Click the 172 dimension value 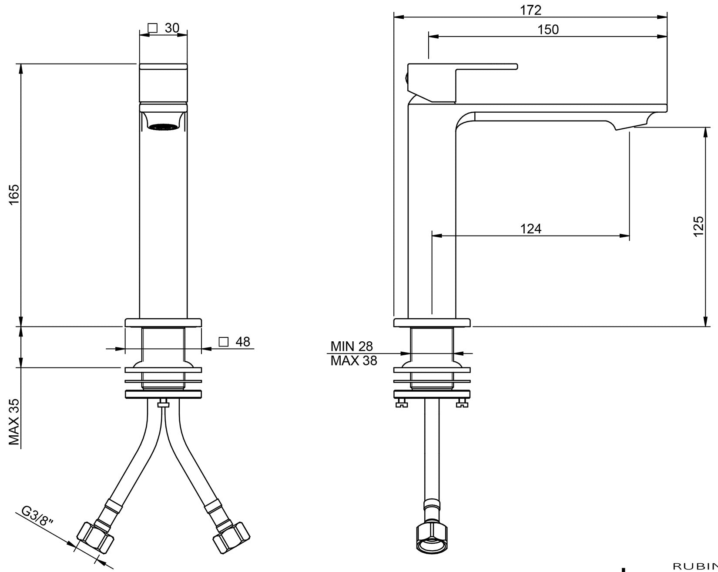tap(530, 10)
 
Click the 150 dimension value tap(548, 30)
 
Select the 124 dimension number tap(531, 229)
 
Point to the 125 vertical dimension tap(698, 226)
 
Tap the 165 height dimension tap(14, 195)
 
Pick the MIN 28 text tap(352, 347)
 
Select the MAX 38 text tap(353, 361)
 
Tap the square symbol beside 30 tap(152, 28)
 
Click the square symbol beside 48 tap(224, 342)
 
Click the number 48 tap(243, 342)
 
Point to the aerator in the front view tap(163, 127)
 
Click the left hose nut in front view tap(95, 538)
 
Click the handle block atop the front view tap(163, 83)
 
